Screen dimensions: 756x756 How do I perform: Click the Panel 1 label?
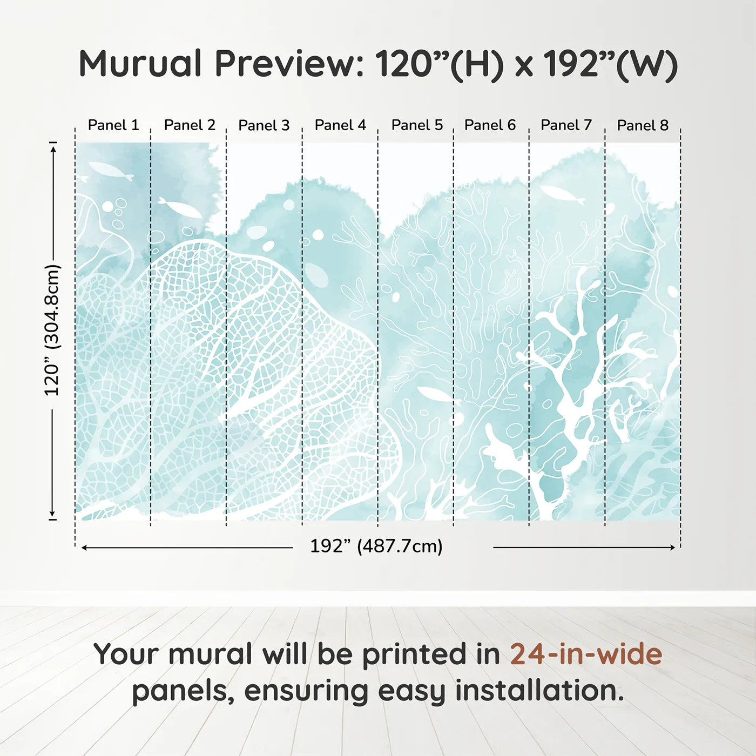(113, 125)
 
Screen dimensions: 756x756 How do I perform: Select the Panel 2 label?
(190, 125)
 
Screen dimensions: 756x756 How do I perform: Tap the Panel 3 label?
(264, 125)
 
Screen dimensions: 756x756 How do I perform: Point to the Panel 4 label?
(340, 125)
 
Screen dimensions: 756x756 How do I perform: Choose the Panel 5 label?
(417, 125)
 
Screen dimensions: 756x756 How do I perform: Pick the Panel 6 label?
(490, 125)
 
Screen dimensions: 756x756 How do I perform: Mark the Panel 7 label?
(566, 125)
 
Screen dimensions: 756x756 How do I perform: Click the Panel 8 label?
(643, 125)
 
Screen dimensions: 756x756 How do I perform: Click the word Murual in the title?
(140, 64)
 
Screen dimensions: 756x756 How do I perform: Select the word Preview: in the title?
(289, 64)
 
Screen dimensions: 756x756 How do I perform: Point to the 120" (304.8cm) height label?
(52, 330)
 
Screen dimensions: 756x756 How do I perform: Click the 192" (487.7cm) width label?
(376, 546)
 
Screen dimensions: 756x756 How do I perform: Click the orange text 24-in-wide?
(586, 654)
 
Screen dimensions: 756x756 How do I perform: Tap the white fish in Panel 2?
(180, 208)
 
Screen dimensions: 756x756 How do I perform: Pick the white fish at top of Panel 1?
(111, 171)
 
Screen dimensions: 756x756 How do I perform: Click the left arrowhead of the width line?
(84, 548)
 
